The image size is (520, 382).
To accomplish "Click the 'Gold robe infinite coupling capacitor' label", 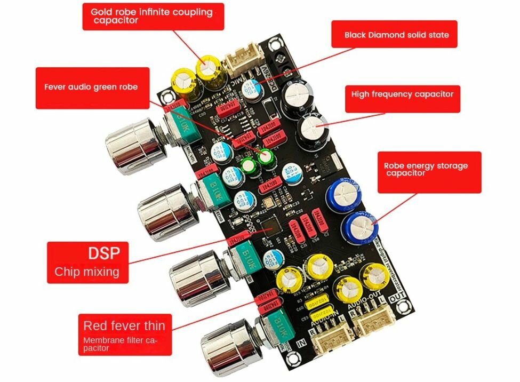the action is pyautogui.click(x=153, y=16).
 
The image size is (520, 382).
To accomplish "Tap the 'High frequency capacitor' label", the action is pyautogui.click(x=402, y=94).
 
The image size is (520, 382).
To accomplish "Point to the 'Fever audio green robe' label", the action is pyautogui.click(x=91, y=87).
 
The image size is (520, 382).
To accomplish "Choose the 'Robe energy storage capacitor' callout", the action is pyautogui.click(x=426, y=169).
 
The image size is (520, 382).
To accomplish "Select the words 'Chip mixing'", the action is pyautogui.click(x=86, y=272).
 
